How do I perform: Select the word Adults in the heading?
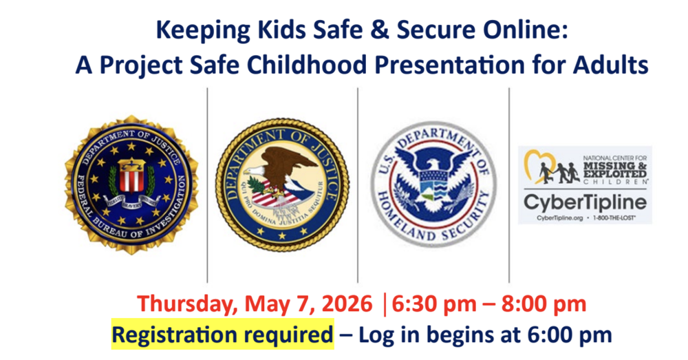(x=611, y=65)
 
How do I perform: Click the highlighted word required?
(x=292, y=335)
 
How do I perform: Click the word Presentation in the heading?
(x=442, y=65)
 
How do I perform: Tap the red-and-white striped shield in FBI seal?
(x=130, y=176)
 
